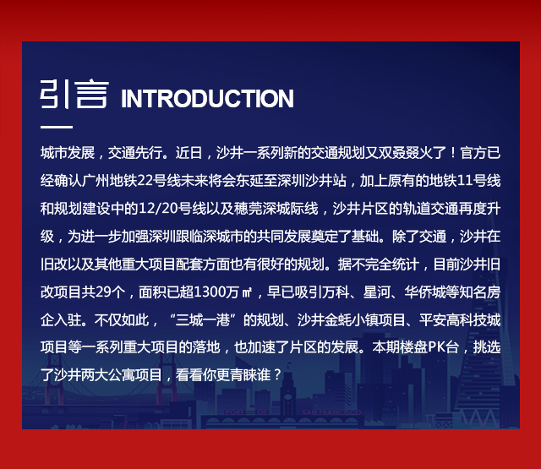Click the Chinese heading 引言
click(74, 94)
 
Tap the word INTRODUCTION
click(207, 99)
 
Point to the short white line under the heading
click(57, 127)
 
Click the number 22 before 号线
click(145, 181)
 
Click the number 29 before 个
click(102, 292)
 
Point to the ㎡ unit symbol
click(247, 292)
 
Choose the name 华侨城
click(424, 292)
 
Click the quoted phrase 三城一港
click(203, 320)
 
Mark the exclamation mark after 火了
click(453, 153)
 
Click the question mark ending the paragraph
click(277, 375)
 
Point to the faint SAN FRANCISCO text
click(331, 412)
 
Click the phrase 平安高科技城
click(460, 320)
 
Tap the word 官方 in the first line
click(473, 153)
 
